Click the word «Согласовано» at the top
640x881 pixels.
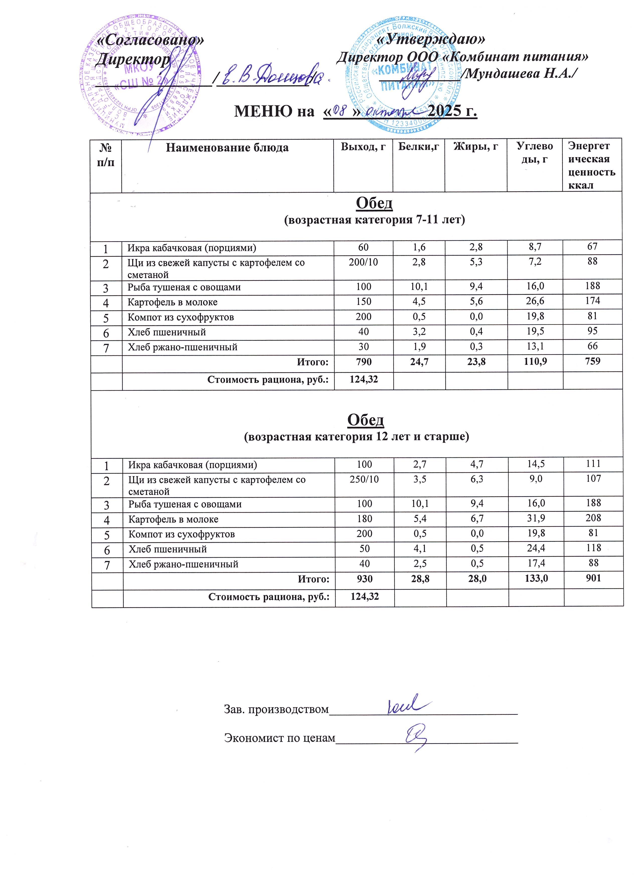[149, 40]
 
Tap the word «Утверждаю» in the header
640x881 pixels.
[431, 39]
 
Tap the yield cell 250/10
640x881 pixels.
[364, 479]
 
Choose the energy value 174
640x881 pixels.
[592, 301]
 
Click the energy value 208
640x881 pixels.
[593, 518]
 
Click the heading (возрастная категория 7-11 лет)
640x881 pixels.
[374, 220]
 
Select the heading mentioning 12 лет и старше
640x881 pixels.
[356, 437]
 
